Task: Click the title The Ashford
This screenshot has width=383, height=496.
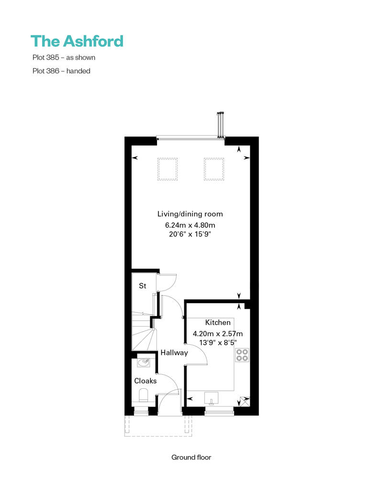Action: tap(77, 41)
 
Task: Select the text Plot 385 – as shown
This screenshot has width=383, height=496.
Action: tap(64, 57)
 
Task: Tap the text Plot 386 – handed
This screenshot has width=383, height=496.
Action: tap(61, 71)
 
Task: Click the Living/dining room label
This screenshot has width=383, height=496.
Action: tap(190, 214)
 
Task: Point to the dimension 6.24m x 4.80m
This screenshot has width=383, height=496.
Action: tap(190, 225)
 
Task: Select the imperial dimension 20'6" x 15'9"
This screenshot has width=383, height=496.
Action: tap(190, 234)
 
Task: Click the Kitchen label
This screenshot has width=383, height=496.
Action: tap(218, 322)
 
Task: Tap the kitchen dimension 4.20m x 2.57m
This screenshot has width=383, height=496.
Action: tap(218, 334)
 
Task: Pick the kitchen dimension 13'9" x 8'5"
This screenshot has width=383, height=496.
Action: tap(218, 343)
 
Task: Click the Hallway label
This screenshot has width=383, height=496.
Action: tap(174, 353)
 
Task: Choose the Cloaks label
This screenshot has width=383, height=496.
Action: tap(146, 381)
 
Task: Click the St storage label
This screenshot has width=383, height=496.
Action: tap(143, 286)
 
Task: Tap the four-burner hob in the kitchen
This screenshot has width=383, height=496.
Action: tap(242, 355)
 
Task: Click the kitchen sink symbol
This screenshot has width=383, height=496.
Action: tap(211, 398)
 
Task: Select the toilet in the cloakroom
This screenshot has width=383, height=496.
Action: tap(144, 395)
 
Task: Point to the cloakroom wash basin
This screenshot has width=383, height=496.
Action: tap(144, 362)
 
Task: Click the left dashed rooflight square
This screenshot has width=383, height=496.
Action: tap(168, 169)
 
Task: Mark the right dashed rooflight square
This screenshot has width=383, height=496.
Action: tap(214, 169)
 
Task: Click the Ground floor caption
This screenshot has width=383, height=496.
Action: tap(191, 457)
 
